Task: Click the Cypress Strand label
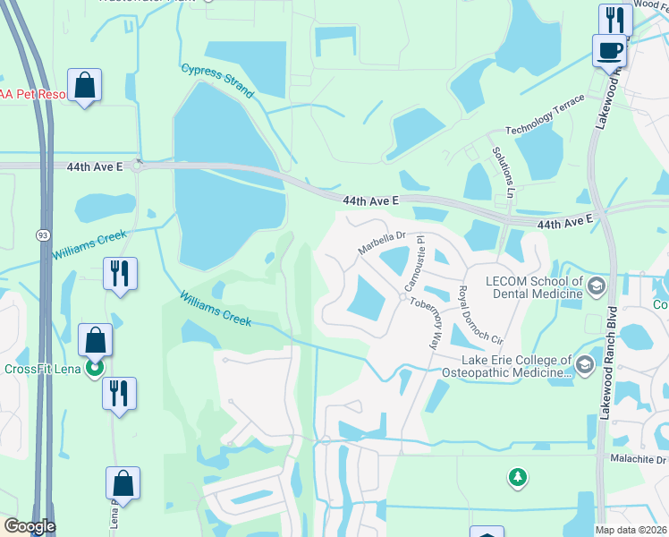click(x=218, y=81)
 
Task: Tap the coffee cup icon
click(x=609, y=49)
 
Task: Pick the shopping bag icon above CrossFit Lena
click(x=95, y=339)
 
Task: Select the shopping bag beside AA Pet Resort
click(x=84, y=85)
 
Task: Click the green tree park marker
click(x=517, y=477)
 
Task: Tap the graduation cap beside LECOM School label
click(x=597, y=287)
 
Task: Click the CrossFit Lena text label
click(x=42, y=369)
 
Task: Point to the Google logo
click(x=30, y=526)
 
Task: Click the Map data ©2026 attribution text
click(x=631, y=530)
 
